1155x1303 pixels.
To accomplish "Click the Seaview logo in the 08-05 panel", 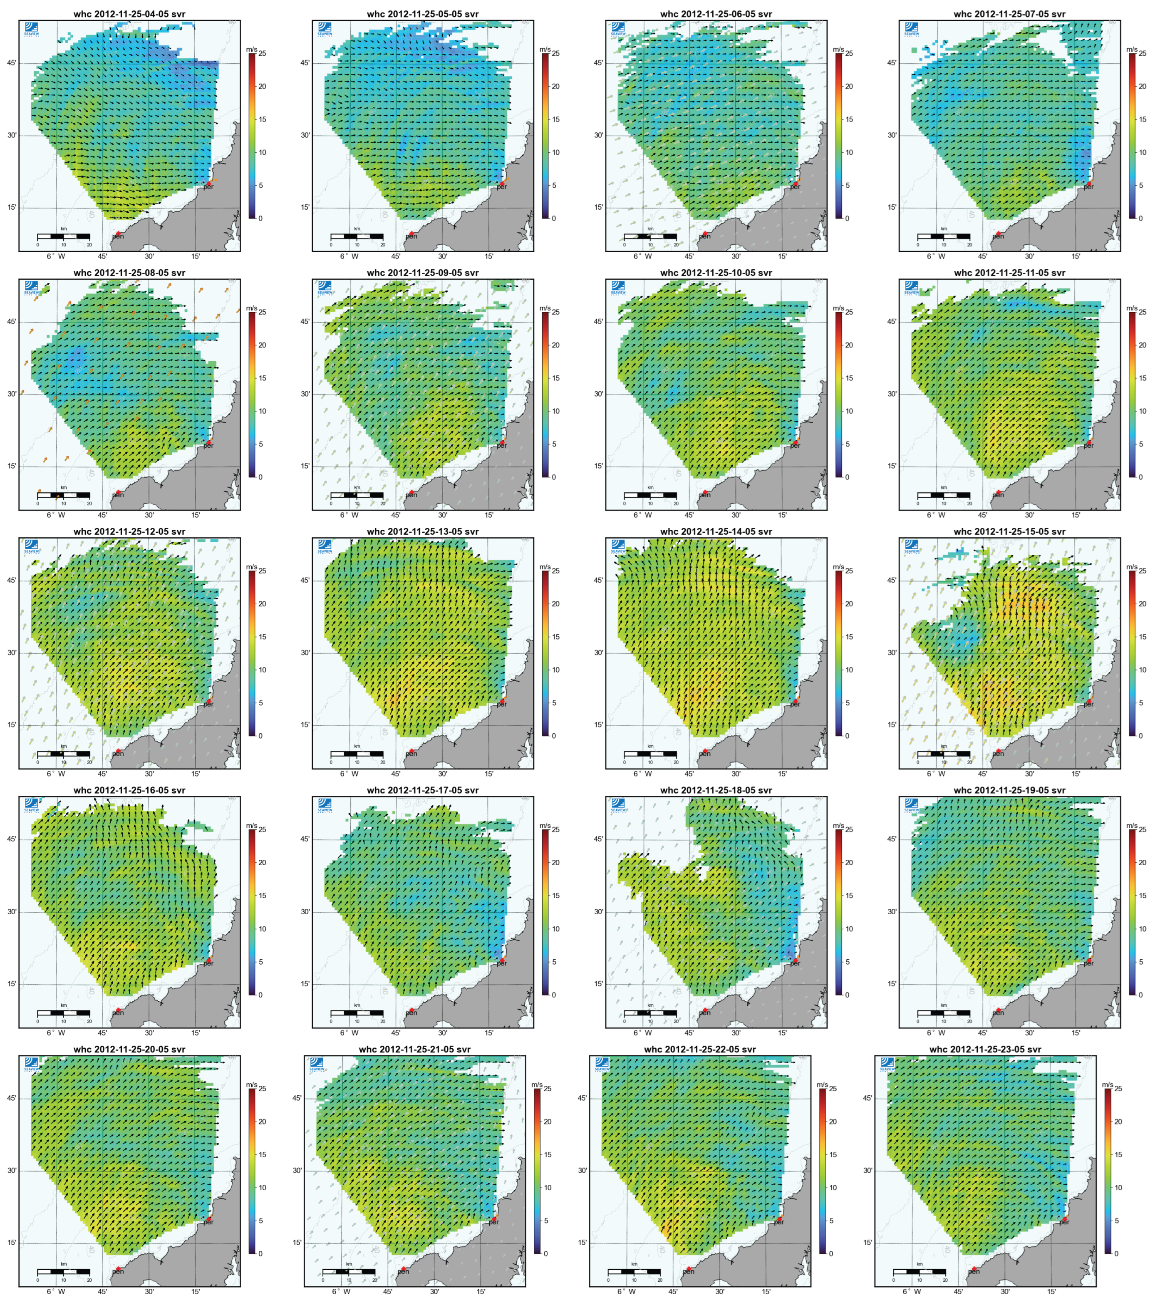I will (x=31, y=288).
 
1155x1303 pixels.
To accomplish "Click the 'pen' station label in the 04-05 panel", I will (x=118, y=236).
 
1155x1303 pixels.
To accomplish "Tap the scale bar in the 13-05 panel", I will (x=357, y=754).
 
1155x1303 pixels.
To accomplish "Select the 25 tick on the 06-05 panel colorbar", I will (x=849, y=54).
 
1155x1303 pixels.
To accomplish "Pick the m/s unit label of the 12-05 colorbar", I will (x=252, y=567).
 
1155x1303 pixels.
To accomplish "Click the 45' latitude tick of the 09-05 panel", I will (x=305, y=322).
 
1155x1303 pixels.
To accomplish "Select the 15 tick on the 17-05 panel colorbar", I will (x=556, y=896).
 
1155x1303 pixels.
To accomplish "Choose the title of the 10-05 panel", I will (x=716, y=273).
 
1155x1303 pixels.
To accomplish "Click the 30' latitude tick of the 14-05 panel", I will (x=599, y=653).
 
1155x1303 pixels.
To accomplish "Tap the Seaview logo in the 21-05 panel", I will (x=325, y=1064).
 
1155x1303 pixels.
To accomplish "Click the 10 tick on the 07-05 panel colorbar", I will (x=1142, y=152).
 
